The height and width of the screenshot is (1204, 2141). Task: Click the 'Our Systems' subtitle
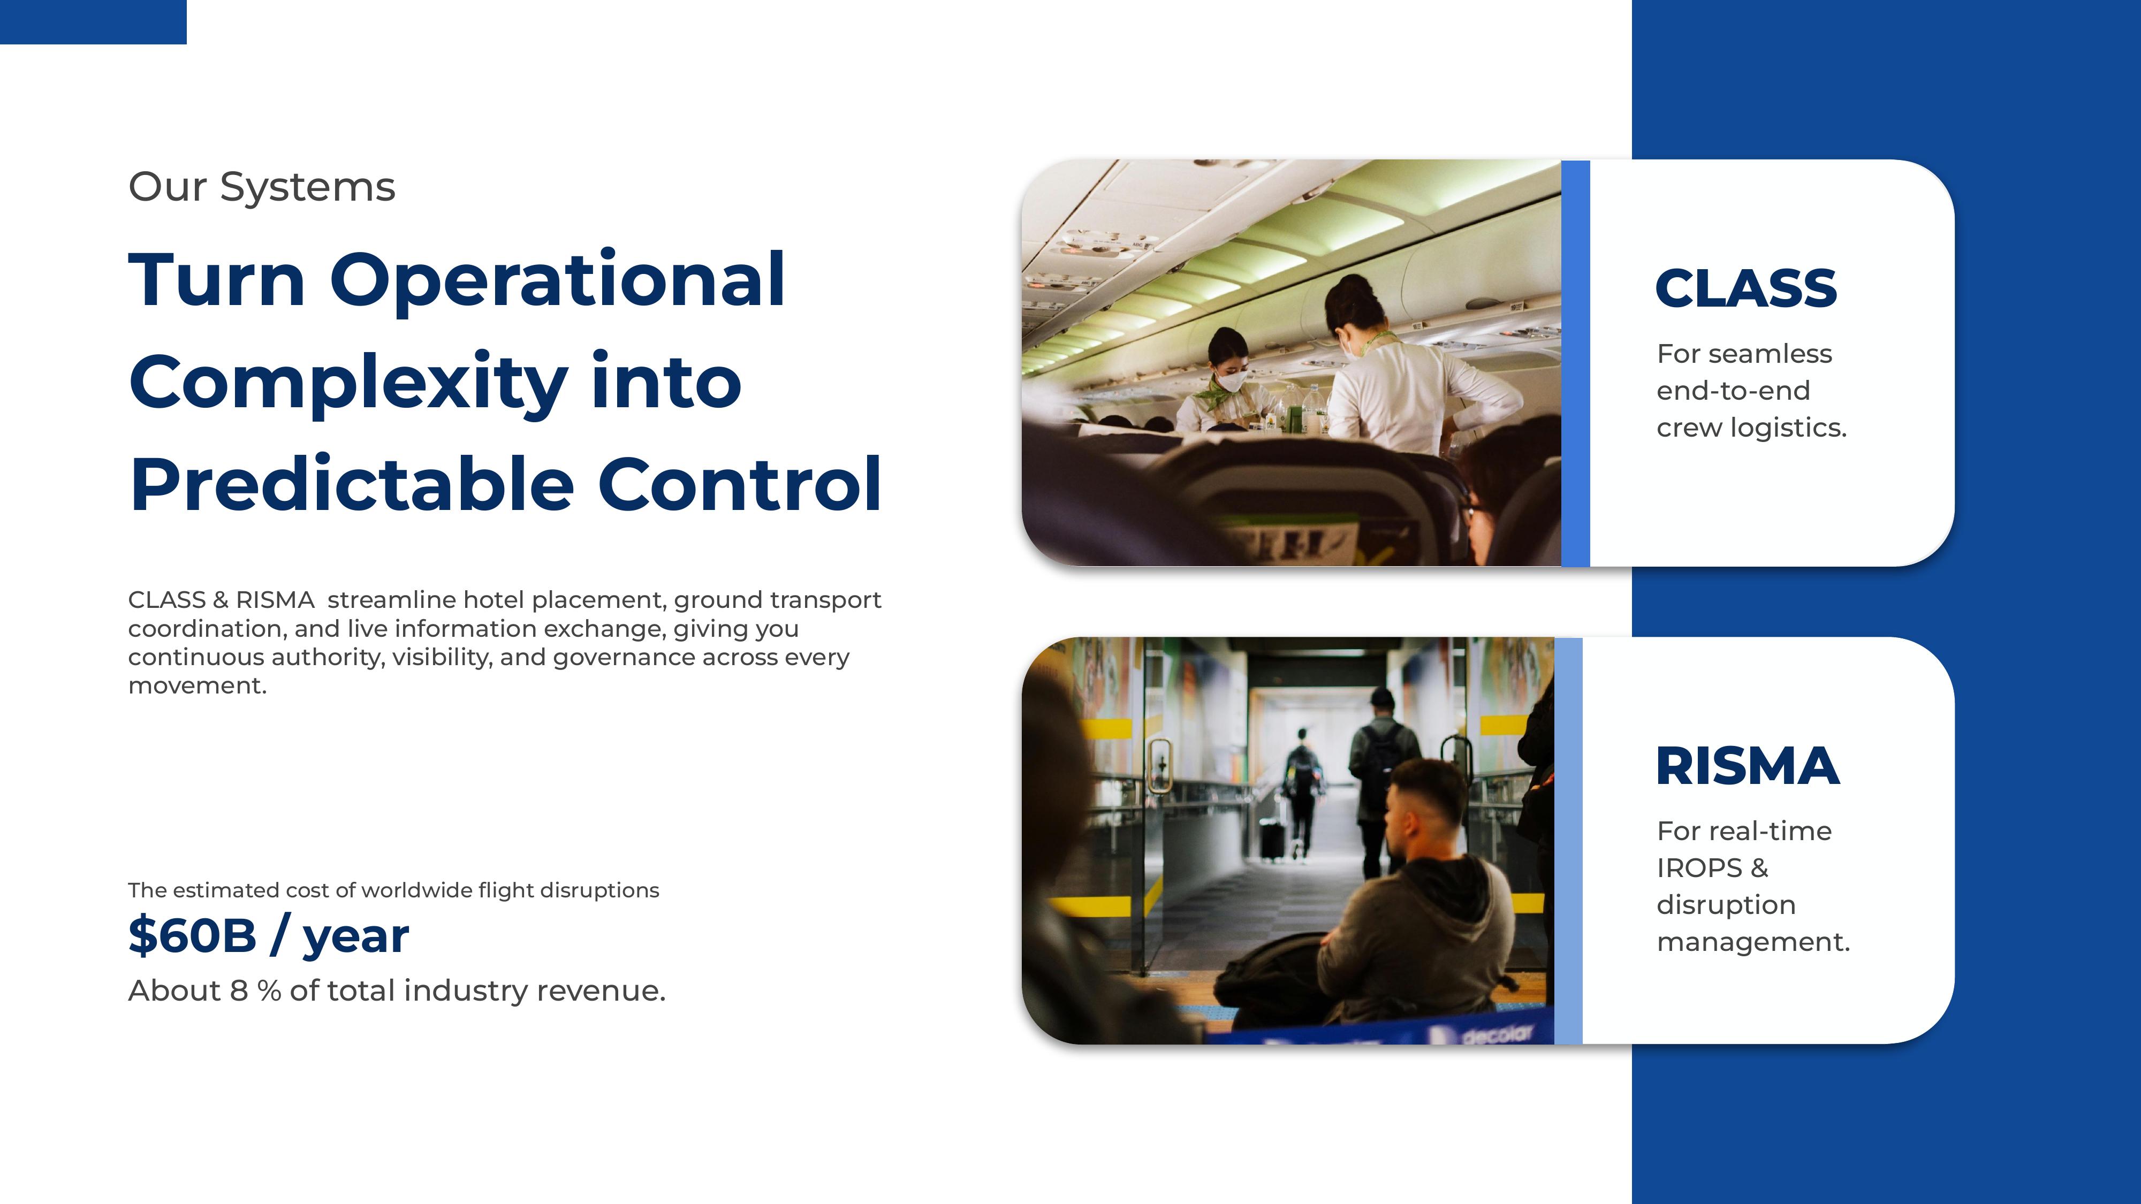point(261,187)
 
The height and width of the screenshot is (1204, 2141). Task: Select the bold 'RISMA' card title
point(1747,766)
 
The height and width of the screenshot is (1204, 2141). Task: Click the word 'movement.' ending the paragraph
point(197,685)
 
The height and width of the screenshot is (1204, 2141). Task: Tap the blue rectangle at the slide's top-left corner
point(93,21)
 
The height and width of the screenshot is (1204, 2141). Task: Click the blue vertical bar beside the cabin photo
point(1575,363)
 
